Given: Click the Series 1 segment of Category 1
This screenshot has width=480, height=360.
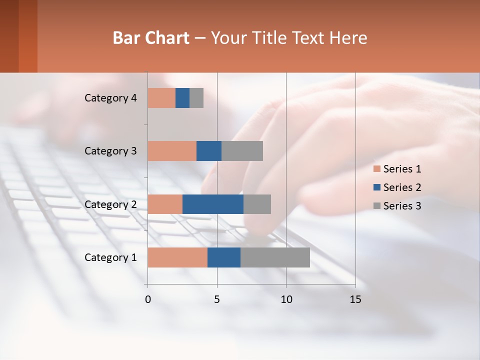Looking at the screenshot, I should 177,257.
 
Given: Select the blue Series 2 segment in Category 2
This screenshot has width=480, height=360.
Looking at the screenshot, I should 213,204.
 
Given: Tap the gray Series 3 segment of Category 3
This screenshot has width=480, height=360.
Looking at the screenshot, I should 242,151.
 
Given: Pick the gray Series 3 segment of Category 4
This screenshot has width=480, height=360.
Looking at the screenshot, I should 196,98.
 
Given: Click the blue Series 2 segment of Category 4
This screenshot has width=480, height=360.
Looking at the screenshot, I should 182,98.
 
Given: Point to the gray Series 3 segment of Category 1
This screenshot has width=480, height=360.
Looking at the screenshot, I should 275,257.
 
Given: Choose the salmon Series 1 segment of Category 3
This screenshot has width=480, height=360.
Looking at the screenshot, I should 172,151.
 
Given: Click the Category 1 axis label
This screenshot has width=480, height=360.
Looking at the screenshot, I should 110,257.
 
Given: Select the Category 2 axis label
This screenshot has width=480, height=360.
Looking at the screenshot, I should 110,204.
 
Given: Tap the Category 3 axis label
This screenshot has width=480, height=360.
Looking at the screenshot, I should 110,151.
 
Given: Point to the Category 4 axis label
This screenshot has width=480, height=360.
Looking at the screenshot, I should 110,98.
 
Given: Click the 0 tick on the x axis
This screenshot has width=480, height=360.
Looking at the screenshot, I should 148,299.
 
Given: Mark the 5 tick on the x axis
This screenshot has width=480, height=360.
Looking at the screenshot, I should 217,299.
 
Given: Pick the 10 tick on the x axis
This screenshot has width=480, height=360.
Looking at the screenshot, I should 286,299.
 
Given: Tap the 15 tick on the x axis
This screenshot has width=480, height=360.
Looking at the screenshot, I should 355,299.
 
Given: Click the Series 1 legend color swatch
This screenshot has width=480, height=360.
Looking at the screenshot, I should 377,169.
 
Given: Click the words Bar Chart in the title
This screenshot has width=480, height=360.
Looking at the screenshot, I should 151,38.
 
